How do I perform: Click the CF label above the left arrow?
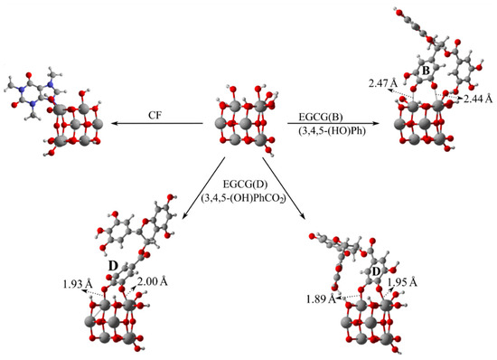(x=155, y=115)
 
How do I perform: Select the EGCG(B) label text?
(x=321, y=117)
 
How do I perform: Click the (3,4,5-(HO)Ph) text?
(x=332, y=130)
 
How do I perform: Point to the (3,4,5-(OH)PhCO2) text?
(x=243, y=198)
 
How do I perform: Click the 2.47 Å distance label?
(x=383, y=83)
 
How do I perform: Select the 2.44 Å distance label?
(x=478, y=99)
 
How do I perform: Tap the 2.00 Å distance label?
(x=153, y=281)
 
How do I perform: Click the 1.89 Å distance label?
(x=321, y=299)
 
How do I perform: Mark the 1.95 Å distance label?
(x=402, y=282)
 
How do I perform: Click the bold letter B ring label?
(x=426, y=71)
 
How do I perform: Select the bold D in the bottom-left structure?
(x=113, y=267)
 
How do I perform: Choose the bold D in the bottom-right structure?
(x=376, y=271)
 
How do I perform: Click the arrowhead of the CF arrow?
(x=114, y=123)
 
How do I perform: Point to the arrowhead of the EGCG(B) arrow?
(x=376, y=123)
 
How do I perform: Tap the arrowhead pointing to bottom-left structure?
(x=185, y=215)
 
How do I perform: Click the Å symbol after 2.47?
(x=394, y=83)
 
